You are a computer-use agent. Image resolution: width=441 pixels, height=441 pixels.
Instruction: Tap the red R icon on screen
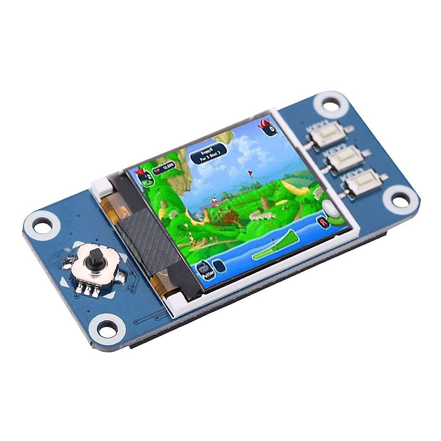click(x=323, y=222)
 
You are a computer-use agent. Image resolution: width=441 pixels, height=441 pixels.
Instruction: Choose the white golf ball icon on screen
click(x=328, y=209)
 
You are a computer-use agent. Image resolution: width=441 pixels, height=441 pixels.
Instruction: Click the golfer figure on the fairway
click(x=213, y=201)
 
